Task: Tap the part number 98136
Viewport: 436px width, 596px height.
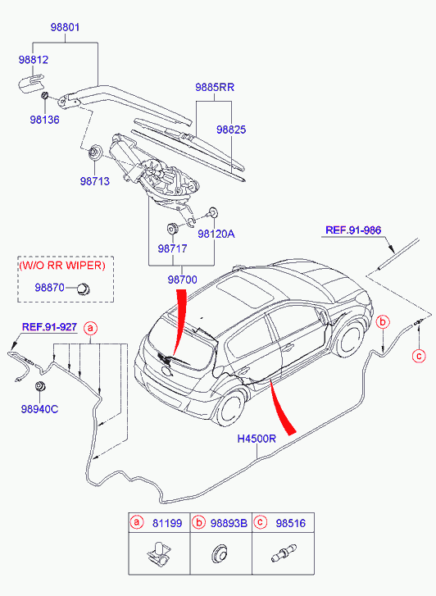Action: (x=45, y=120)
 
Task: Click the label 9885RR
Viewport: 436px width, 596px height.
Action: (x=215, y=86)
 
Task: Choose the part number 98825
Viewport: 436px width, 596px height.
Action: (x=230, y=130)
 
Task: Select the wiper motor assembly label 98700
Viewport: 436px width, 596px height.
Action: (x=184, y=280)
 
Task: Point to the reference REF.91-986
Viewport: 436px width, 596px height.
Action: (x=354, y=230)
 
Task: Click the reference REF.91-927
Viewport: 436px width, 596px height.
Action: (x=49, y=326)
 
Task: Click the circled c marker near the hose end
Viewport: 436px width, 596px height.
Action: (x=418, y=355)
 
